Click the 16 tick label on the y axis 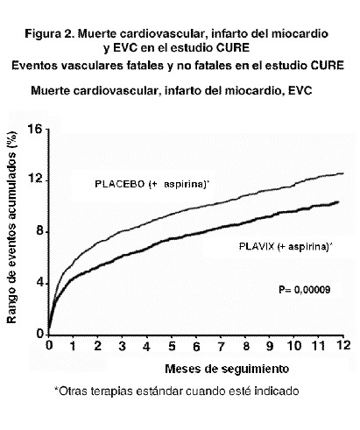[35, 129]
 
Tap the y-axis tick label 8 [39, 231]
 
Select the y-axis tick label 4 [39, 283]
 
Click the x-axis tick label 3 [122, 346]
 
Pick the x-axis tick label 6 [196, 346]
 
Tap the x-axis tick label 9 [270, 346]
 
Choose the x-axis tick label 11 [319, 346]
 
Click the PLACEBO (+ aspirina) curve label [152, 184]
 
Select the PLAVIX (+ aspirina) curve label [286, 247]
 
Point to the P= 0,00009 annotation [305, 290]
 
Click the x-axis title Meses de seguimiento [227, 369]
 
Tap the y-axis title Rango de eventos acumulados [11, 228]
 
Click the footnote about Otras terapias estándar [177, 391]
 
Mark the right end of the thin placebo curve [343, 173]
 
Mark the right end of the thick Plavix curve [338, 201]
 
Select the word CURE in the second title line [233, 47]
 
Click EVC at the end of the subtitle [300, 91]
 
